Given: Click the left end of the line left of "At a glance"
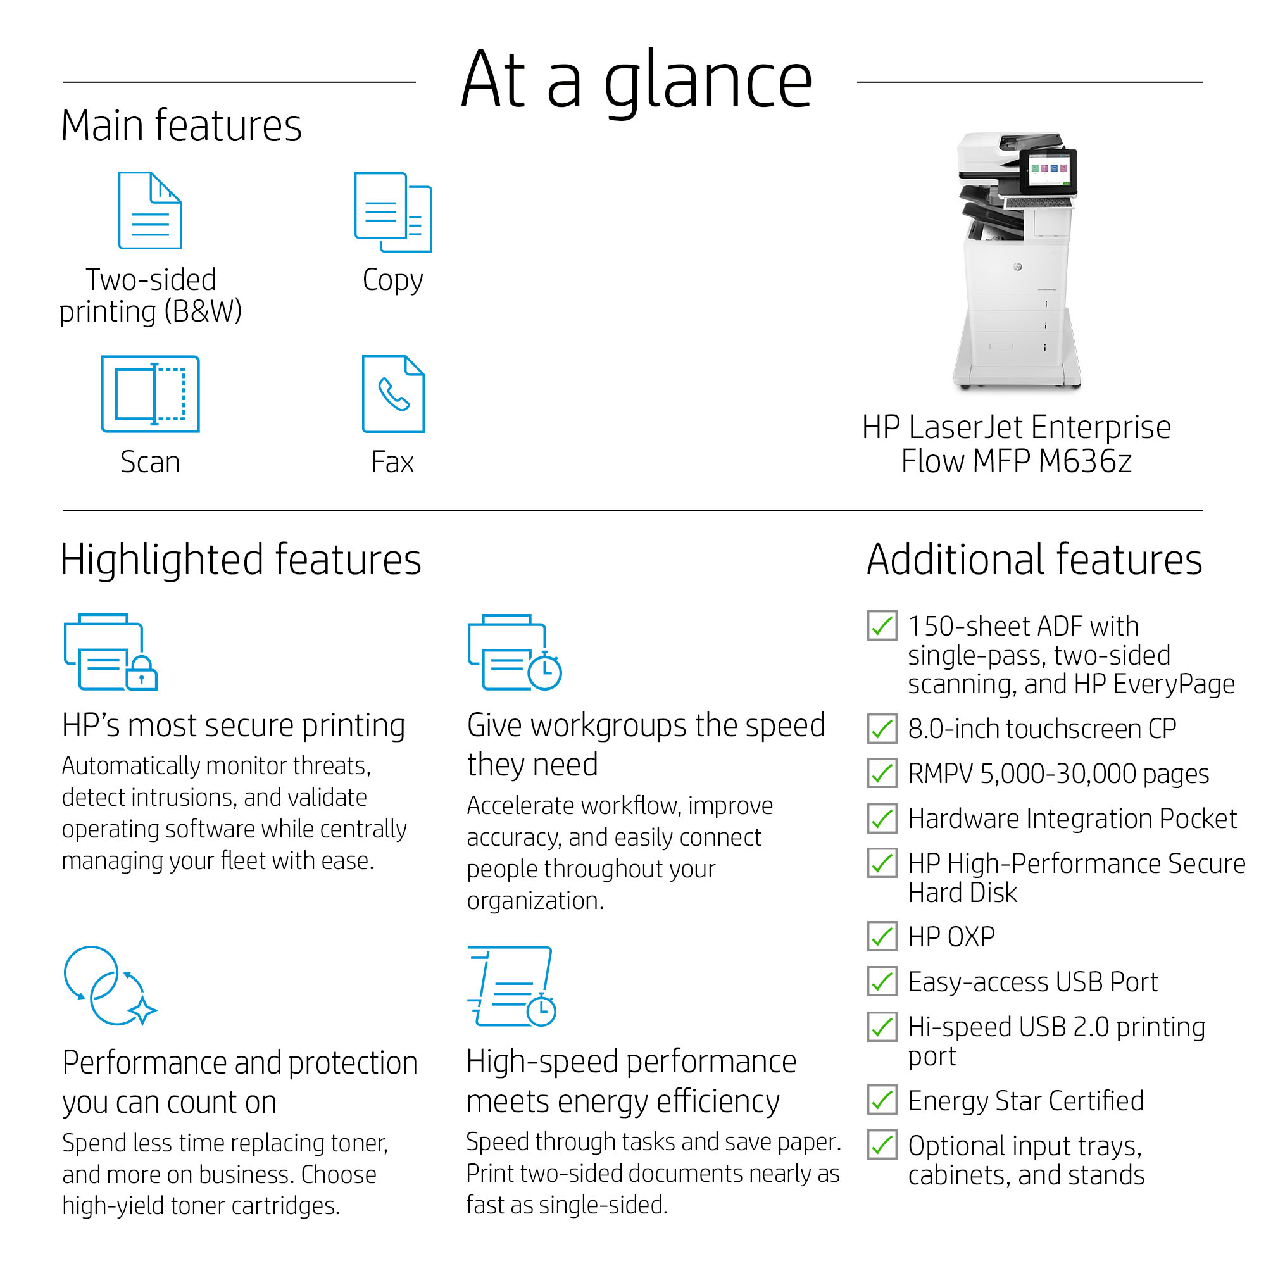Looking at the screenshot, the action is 63,82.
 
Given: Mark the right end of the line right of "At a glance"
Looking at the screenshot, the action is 1203,82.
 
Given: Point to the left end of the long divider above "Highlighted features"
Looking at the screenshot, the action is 63,510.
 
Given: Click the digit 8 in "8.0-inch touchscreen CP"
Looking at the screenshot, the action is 916,729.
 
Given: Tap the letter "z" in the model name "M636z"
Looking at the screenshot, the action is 1124,463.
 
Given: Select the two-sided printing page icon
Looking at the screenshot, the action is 150,210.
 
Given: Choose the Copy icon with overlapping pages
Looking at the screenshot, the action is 393,211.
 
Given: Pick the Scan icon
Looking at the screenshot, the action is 150,394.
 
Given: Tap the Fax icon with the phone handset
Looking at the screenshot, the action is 393,394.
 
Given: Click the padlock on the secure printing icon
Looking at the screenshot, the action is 142,673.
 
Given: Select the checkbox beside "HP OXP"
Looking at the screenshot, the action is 882,936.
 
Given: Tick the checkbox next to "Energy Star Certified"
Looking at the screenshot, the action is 882,1100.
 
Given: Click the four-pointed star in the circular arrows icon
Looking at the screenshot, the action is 143,1011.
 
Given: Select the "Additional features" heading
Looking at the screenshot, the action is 1034,560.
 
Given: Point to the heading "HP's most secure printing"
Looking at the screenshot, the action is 234,726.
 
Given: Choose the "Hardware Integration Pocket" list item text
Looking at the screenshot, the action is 1072,819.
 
